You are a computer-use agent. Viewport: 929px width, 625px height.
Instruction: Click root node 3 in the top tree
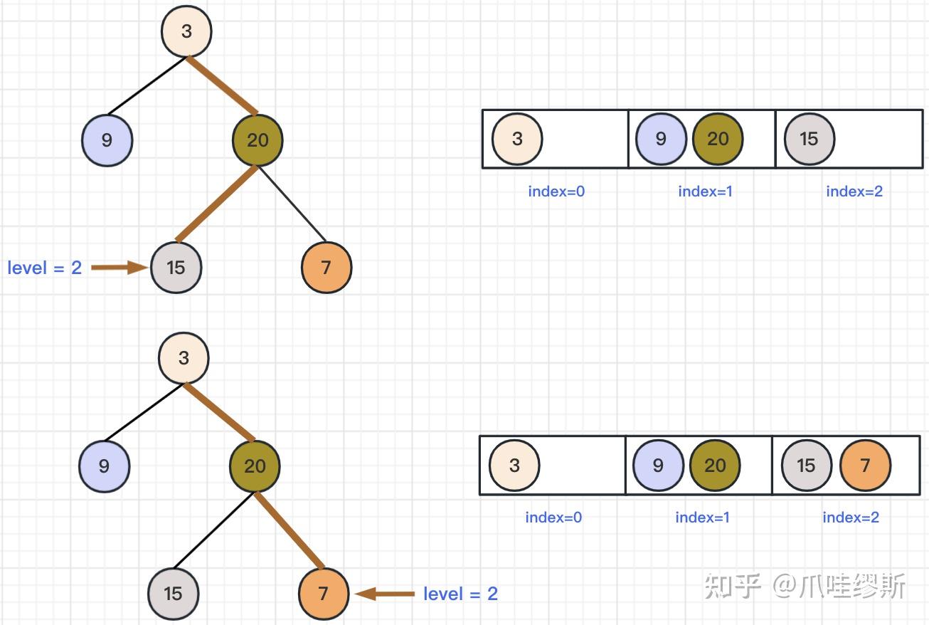[x=186, y=31]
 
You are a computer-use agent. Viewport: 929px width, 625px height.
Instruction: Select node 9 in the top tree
[x=107, y=140]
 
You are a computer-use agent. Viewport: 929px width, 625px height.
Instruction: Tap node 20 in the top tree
[x=258, y=140]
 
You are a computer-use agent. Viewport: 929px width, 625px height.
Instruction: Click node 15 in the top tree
[x=176, y=268]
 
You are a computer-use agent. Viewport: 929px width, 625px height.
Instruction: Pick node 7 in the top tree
[x=327, y=268]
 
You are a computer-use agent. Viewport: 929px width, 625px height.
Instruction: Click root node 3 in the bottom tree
[x=184, y=357]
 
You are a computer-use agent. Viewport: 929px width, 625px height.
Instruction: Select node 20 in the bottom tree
[x=255, y=466]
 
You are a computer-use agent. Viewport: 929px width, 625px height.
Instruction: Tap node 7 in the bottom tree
[x=324, y=594]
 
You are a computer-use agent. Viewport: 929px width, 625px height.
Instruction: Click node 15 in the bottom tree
[x=173, y=594]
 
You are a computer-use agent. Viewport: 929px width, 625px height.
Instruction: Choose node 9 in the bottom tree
[x=104, y=466]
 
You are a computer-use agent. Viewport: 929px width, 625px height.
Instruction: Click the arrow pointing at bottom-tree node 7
[x=385, y=594]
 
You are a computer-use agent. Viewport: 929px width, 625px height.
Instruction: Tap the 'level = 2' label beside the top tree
[x=44, y=268]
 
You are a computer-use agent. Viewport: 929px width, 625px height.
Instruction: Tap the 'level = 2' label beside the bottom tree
[x=460, y=594]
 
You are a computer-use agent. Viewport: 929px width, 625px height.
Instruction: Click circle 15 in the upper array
[x=809, y=139]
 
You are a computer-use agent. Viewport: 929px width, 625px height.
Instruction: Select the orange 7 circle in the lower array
[x=865, y=466]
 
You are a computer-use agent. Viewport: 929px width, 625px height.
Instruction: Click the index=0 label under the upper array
[x=556, y=191]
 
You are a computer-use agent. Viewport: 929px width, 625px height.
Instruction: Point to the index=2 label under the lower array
[x=851, y=518]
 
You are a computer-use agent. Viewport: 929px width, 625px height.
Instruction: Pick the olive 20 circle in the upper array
[x=717, y=139]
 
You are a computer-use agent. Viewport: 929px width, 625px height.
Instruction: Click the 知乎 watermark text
[x=733, y=587]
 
